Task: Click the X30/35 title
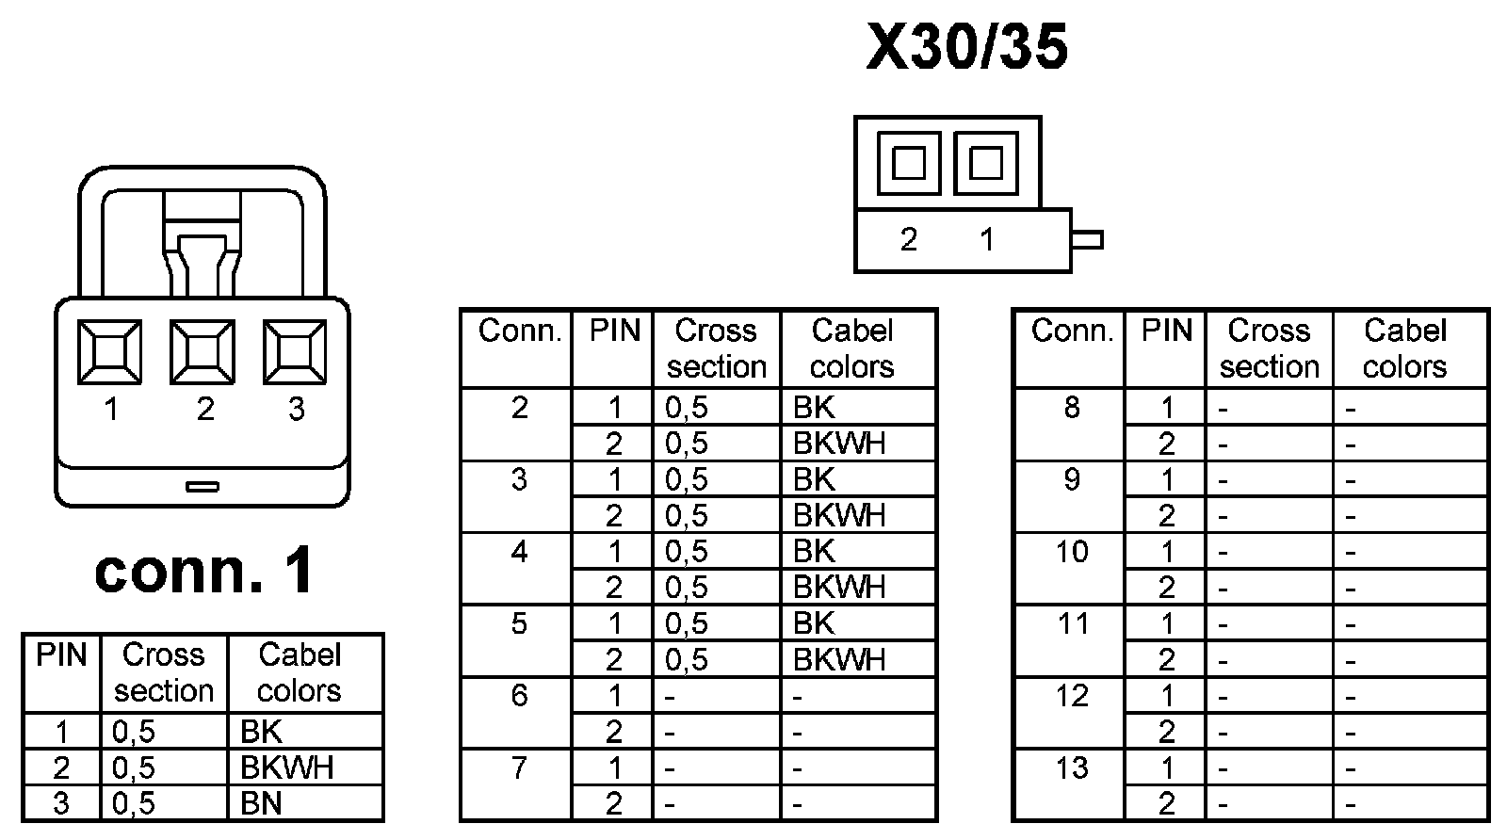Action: pyautogui.click(x=967, y=47)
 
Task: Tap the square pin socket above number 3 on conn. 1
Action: pyautogui.click(x=295, y=352)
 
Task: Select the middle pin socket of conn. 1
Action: pyautogui.click(x=203, y=352)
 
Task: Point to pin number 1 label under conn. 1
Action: pyautogui.click(x=111, y=410)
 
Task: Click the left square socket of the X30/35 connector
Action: pyautogui.click(x=908, y=164)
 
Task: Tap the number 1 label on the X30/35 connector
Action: pyautogui.click(x=986, y=240)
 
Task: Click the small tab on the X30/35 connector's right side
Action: pyautogui.click(x=1087, y=240)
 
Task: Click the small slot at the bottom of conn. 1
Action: pyautogui.click(x=203, y=487)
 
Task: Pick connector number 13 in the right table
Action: pyautogui.click(x=1072, y=768)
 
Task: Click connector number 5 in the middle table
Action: pyautogui.click(x=519, y=623)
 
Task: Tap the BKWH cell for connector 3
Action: pyautogui.click(x=839, y=515)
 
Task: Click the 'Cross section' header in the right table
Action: pyautogui.click(x=1269, y=348)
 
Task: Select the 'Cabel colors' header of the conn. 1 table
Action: pyautogui.click(x=299, y=672)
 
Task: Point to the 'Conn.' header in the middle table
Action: pyautogui.click(x=519, y=331)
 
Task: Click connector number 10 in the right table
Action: pyautogui.click(x=1072, y=551)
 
